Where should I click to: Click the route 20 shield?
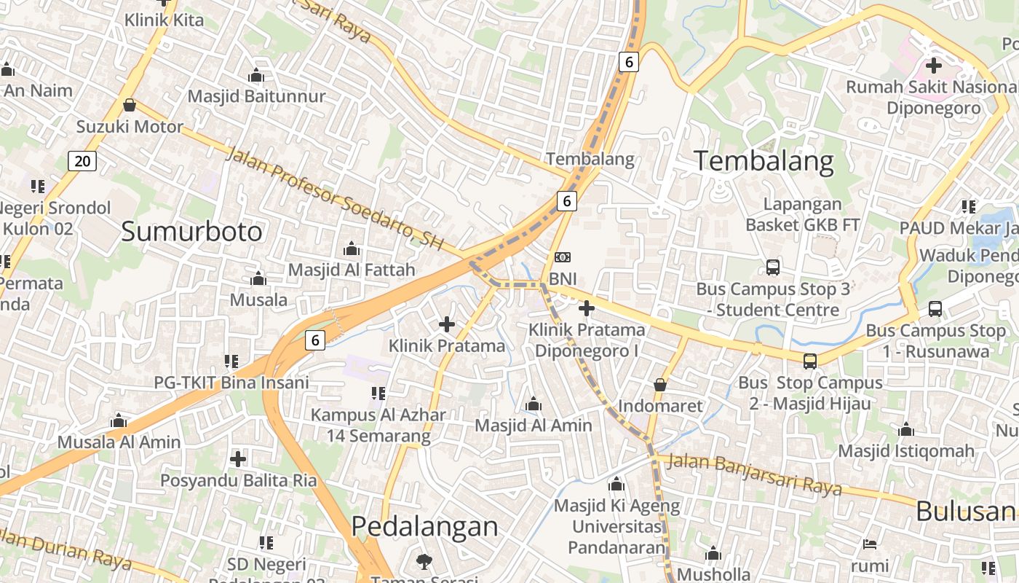(x=82, y=160)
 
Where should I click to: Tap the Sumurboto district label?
(x=191, y=232)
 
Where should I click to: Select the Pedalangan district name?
(x=424, y=526)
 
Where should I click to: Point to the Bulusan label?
(x=966, y=511)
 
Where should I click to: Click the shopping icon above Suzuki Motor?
(x=130, y=106)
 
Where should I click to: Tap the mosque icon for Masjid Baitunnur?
(x=256, y=75)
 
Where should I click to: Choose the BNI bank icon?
(x=562, y=257)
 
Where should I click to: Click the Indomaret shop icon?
(x=660, y=384)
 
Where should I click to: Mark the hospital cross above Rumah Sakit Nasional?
(x=933, y=66)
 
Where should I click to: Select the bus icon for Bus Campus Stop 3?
(x=773, y=267)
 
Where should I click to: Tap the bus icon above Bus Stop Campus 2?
(x=809, y=361)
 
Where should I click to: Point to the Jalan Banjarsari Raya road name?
(x=754, y=474)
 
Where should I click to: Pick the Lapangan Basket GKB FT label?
(x=803, y=214)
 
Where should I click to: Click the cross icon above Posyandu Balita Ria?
(x=238, y=459)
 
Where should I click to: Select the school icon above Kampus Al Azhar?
(x=378, y=394)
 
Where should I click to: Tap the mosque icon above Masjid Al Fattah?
(x=352, y=249)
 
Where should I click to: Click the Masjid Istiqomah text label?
(x=906, y=451)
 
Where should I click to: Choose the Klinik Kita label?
(x=164, y=20)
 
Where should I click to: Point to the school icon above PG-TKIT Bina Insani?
(x=231, y=361)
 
